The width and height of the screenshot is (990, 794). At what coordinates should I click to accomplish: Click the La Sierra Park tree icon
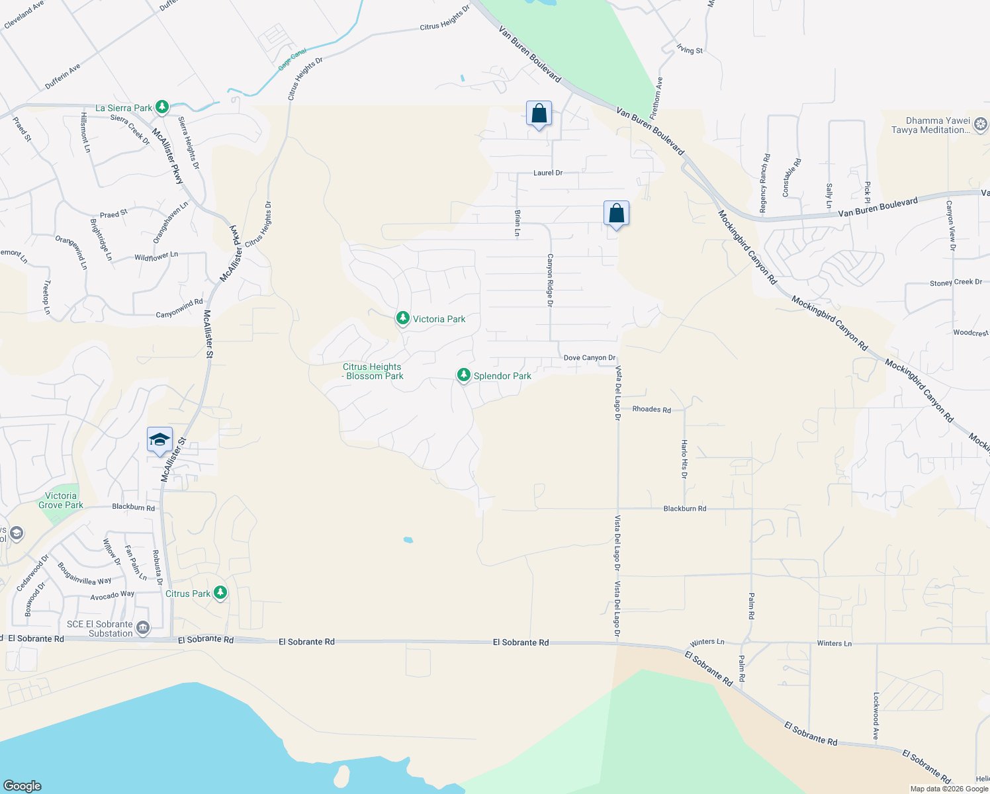[161, 107]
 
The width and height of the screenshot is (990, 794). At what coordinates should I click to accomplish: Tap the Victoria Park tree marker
[402, 318]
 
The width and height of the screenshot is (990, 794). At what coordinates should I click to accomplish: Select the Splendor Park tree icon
[464, 375]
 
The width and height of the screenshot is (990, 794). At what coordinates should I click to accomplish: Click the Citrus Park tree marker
[220, 593]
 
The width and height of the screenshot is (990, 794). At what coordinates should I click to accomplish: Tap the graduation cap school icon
[159, 439]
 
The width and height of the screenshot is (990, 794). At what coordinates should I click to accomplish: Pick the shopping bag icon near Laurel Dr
[539, 113]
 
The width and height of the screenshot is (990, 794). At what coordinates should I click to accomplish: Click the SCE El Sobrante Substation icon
[142, 627]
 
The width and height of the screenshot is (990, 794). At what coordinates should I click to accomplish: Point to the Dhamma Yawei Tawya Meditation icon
[981, 124]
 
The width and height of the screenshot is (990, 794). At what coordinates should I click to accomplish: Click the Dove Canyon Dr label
[589, 358]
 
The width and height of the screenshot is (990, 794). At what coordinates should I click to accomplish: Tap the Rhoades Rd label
[651, 410]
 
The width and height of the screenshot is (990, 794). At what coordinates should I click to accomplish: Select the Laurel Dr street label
[548, 173]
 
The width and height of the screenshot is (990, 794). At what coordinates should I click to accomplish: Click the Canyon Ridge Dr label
[549, 281]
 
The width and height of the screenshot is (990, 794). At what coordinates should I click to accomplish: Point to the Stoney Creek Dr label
[956, 283]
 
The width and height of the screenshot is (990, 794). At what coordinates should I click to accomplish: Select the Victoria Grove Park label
[61, 500]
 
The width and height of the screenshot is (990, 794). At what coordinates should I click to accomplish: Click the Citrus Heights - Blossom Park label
[373, 371]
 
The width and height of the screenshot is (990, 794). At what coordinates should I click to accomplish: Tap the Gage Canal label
[292, 60]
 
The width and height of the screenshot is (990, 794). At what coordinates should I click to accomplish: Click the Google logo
[22, 785]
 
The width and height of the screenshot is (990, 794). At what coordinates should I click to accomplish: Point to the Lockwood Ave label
[876, 716]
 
